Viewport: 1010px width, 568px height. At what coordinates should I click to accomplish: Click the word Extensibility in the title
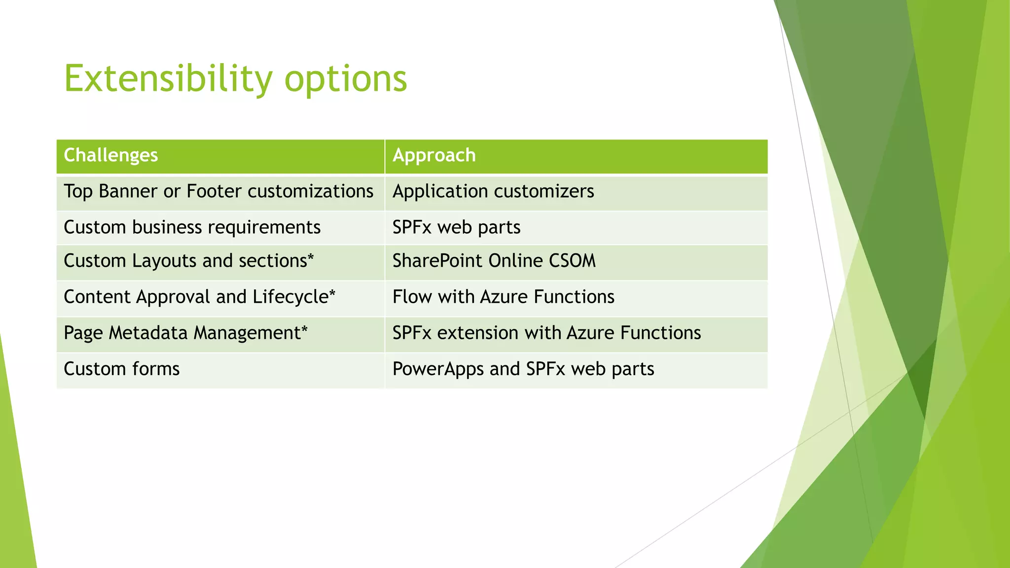(168, 79)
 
